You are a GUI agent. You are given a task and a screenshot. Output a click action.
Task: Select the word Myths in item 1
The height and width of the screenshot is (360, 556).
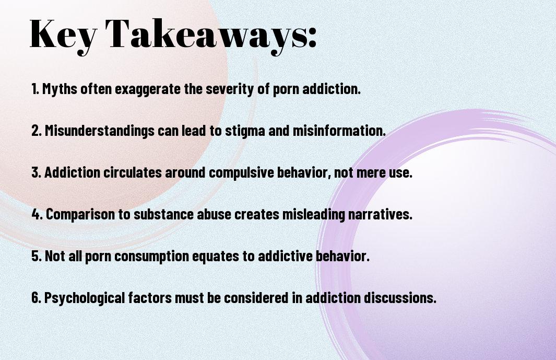[x=60, y=89]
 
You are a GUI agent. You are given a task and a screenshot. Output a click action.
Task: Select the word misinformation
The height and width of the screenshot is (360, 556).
[x=339, y=131]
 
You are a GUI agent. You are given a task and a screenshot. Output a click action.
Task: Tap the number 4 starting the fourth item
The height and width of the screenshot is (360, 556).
[x=37, y=214]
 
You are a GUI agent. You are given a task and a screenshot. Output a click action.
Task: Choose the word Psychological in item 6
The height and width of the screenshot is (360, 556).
[x=85, y=298]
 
